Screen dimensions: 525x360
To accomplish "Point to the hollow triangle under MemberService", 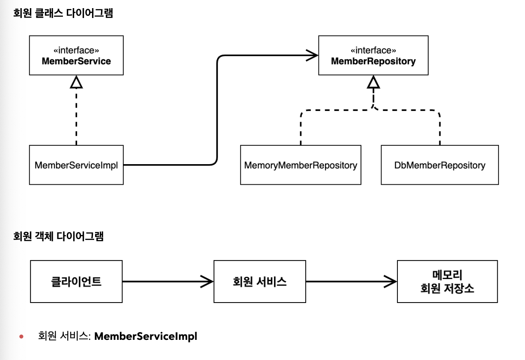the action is pos(76,82).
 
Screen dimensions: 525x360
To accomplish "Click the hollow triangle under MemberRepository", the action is pos(373,82).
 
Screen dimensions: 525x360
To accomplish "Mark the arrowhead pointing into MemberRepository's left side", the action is pos(312,55).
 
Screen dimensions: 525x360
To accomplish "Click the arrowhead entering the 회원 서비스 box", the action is pos(207,282).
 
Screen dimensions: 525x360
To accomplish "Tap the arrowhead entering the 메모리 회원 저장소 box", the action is pos(391,282).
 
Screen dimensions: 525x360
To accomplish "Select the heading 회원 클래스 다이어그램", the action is pos(63,13).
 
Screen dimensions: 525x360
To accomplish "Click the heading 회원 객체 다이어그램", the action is pos(58,236).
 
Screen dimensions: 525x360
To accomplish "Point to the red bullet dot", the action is pos(21,336).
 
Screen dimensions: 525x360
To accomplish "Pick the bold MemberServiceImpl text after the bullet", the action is pos(146,336).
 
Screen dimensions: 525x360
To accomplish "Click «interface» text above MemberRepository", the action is pos(373,50).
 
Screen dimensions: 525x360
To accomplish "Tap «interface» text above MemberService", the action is pos(76,50).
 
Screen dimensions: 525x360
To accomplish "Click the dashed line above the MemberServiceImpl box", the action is pos(76,117).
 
